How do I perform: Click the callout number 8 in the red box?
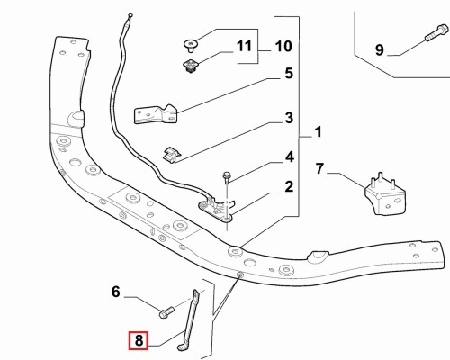point(139,340)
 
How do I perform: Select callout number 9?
point(380,49)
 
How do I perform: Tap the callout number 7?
point(319,168)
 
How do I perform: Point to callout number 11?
point(244,46)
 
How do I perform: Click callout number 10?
point(283,47)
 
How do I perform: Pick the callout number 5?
point(289,73)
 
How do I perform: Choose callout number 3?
point(289,118)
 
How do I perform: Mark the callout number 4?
point(289,157)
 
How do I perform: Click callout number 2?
point(289,186)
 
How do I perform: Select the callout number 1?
point(318,132)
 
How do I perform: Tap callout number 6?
point(116,292)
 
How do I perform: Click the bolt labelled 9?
point(436,33)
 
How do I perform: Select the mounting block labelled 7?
point(384,195)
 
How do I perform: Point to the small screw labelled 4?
point(227,178)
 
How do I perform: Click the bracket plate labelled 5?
point(155,114)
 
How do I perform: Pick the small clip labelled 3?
point(172,155)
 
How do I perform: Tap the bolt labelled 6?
point(166,312)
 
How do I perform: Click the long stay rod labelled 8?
point(189,320)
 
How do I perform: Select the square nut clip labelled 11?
point(190,66)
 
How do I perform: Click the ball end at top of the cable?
point(130,15)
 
